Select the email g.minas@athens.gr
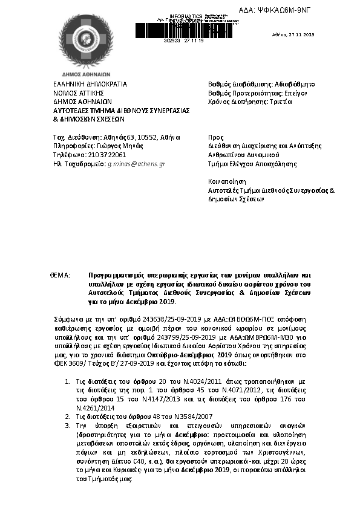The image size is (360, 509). click(x=136, y=164)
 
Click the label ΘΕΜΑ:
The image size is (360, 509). click(x=61, y=275)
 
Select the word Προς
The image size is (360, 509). click(x=215, y=137)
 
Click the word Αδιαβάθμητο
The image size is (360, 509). click(x=292, y=84)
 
